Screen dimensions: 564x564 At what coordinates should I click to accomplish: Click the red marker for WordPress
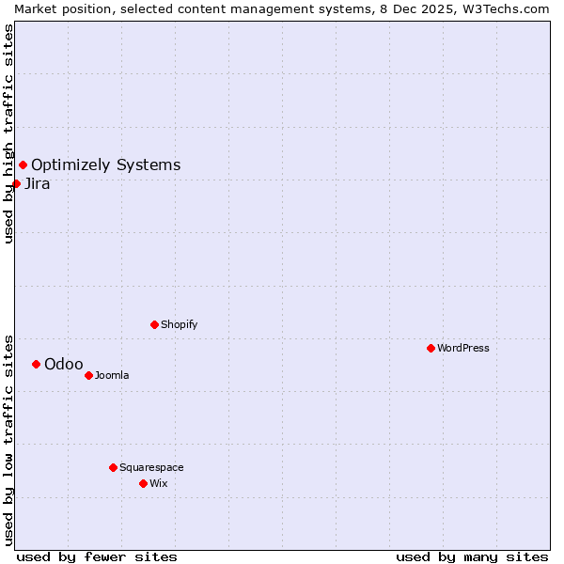(431, 348)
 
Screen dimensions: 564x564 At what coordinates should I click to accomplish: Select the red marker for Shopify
(154, 324)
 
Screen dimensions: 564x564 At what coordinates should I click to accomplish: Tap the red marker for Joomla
(88, 375)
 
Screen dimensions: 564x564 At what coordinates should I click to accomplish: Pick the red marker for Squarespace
(113, 467)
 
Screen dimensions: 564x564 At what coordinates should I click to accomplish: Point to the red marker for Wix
(143, 483)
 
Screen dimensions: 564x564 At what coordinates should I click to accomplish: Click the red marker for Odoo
(36, 364)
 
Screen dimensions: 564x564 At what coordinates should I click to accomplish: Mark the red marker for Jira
(16, 183)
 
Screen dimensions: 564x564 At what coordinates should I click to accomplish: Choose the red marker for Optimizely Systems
(23, 165)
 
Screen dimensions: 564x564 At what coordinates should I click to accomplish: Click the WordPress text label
(463, 348)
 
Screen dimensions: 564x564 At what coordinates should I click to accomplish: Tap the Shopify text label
(179, 324)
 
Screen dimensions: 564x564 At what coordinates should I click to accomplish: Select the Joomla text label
(112, 375)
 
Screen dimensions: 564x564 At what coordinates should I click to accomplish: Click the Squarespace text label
(151, 467)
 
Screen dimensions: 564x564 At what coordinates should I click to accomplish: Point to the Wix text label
(158, 483)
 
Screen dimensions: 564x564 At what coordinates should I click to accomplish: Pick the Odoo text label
(64, 364)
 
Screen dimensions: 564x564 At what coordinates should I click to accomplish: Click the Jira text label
(38, 183)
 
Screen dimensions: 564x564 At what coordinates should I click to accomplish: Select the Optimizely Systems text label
(105, 165)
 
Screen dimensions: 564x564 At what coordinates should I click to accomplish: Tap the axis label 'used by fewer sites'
(97, 556)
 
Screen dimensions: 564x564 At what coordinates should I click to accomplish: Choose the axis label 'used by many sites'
(472, 556)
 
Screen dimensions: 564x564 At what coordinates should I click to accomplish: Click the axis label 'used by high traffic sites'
(8, 133)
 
